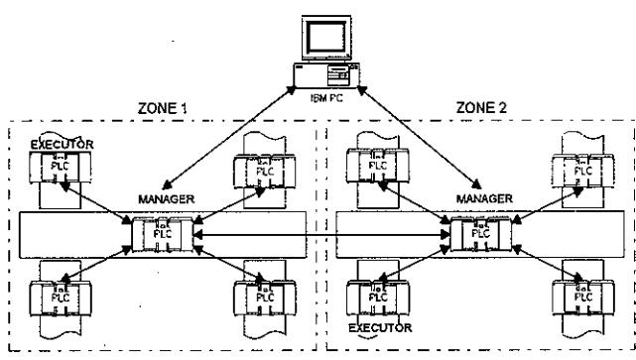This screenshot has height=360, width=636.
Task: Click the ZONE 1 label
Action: coord(163,108)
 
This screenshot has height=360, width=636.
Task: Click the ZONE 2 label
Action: coord(481,108)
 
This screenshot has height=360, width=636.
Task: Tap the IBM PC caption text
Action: coord(326,98)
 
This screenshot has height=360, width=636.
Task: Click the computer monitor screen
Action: coord(326,38)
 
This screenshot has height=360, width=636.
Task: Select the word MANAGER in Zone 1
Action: coord(167,199)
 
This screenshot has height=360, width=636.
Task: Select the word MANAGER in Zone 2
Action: coord(484,198)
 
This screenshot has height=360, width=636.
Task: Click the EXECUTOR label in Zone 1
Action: coord(63,145)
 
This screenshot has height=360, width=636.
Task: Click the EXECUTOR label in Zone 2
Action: coord(380,327)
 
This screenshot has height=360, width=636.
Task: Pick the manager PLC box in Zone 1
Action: coord(163,234)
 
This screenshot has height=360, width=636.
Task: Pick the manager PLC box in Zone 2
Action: coord(481,234)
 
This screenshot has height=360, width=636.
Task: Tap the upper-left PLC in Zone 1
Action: coord(61,167)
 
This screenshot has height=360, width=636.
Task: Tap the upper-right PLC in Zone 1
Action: coord(265,172)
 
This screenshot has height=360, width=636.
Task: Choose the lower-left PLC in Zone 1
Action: coord(61,299)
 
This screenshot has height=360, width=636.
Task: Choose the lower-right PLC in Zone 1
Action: coord(265,298)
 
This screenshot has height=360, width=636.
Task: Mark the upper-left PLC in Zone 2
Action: coord(378,166)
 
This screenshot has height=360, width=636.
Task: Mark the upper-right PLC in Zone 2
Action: coord(582,172)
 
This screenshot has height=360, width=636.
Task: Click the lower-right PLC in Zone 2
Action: coord(583,298)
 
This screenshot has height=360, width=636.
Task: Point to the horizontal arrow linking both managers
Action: coord(321,235)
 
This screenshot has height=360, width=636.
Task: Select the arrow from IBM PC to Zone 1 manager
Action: coord(229,138)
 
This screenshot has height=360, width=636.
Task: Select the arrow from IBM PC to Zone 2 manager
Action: coord(420,138)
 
